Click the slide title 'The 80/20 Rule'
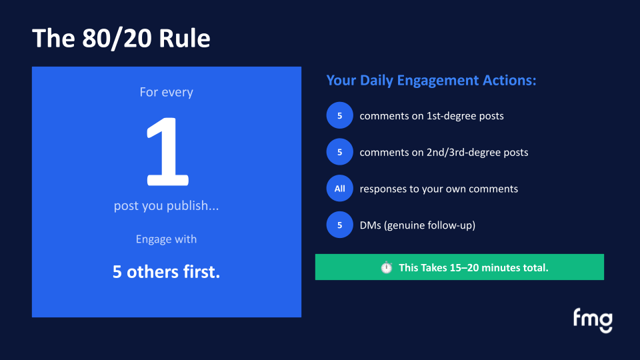pos(121,38)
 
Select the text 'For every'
pos(166,92)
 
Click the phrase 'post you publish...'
pos(166,206)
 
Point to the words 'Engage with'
pos(166,239)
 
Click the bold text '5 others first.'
pos(166,272)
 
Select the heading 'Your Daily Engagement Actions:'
pos(431,81)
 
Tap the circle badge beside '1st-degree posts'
pos(339,116)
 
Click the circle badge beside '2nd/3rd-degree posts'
pos(339,152)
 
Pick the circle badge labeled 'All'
pos(339,189)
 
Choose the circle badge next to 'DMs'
pos(339,225)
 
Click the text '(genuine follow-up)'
pos(433,225)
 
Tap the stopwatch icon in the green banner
pos(387,267)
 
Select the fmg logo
pos(592,320)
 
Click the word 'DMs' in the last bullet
pos(371,225)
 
